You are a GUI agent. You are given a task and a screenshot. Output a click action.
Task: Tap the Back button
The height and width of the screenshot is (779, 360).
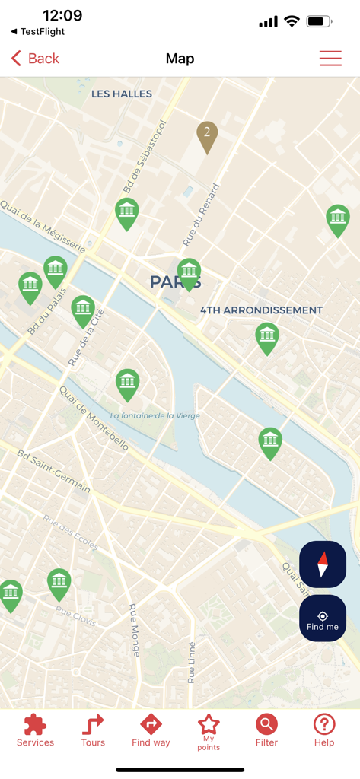coord(36,59)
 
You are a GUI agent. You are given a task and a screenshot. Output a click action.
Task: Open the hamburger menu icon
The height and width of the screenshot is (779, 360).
coord(330,59)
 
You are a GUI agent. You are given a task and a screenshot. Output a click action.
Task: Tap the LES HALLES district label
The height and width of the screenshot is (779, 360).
coord(122,94)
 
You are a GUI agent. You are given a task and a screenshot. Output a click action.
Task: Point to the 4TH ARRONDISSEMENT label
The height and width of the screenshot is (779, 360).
coord(261,310)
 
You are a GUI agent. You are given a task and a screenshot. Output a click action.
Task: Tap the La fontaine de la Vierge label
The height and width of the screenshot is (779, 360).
coord(155,415)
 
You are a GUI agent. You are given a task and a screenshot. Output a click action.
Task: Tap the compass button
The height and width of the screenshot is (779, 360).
coord(323,564)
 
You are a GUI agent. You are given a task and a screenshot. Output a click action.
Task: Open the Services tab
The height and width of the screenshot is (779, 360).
coord(35,730)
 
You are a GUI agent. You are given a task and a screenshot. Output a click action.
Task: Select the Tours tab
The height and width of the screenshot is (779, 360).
coord(93,730)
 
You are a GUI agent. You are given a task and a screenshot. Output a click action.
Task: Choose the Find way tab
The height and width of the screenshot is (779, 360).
coord(151,730)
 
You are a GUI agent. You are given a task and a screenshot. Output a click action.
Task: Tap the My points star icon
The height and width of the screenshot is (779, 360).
coord(209,724)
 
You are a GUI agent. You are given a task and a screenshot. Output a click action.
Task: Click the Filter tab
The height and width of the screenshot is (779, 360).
coord(266,730)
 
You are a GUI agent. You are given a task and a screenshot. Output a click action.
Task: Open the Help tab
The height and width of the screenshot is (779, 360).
coord(324,730)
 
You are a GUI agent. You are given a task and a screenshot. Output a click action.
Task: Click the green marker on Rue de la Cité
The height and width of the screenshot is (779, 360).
coord(83,310)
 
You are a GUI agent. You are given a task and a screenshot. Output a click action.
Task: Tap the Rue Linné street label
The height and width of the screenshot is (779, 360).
coord(192,663)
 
